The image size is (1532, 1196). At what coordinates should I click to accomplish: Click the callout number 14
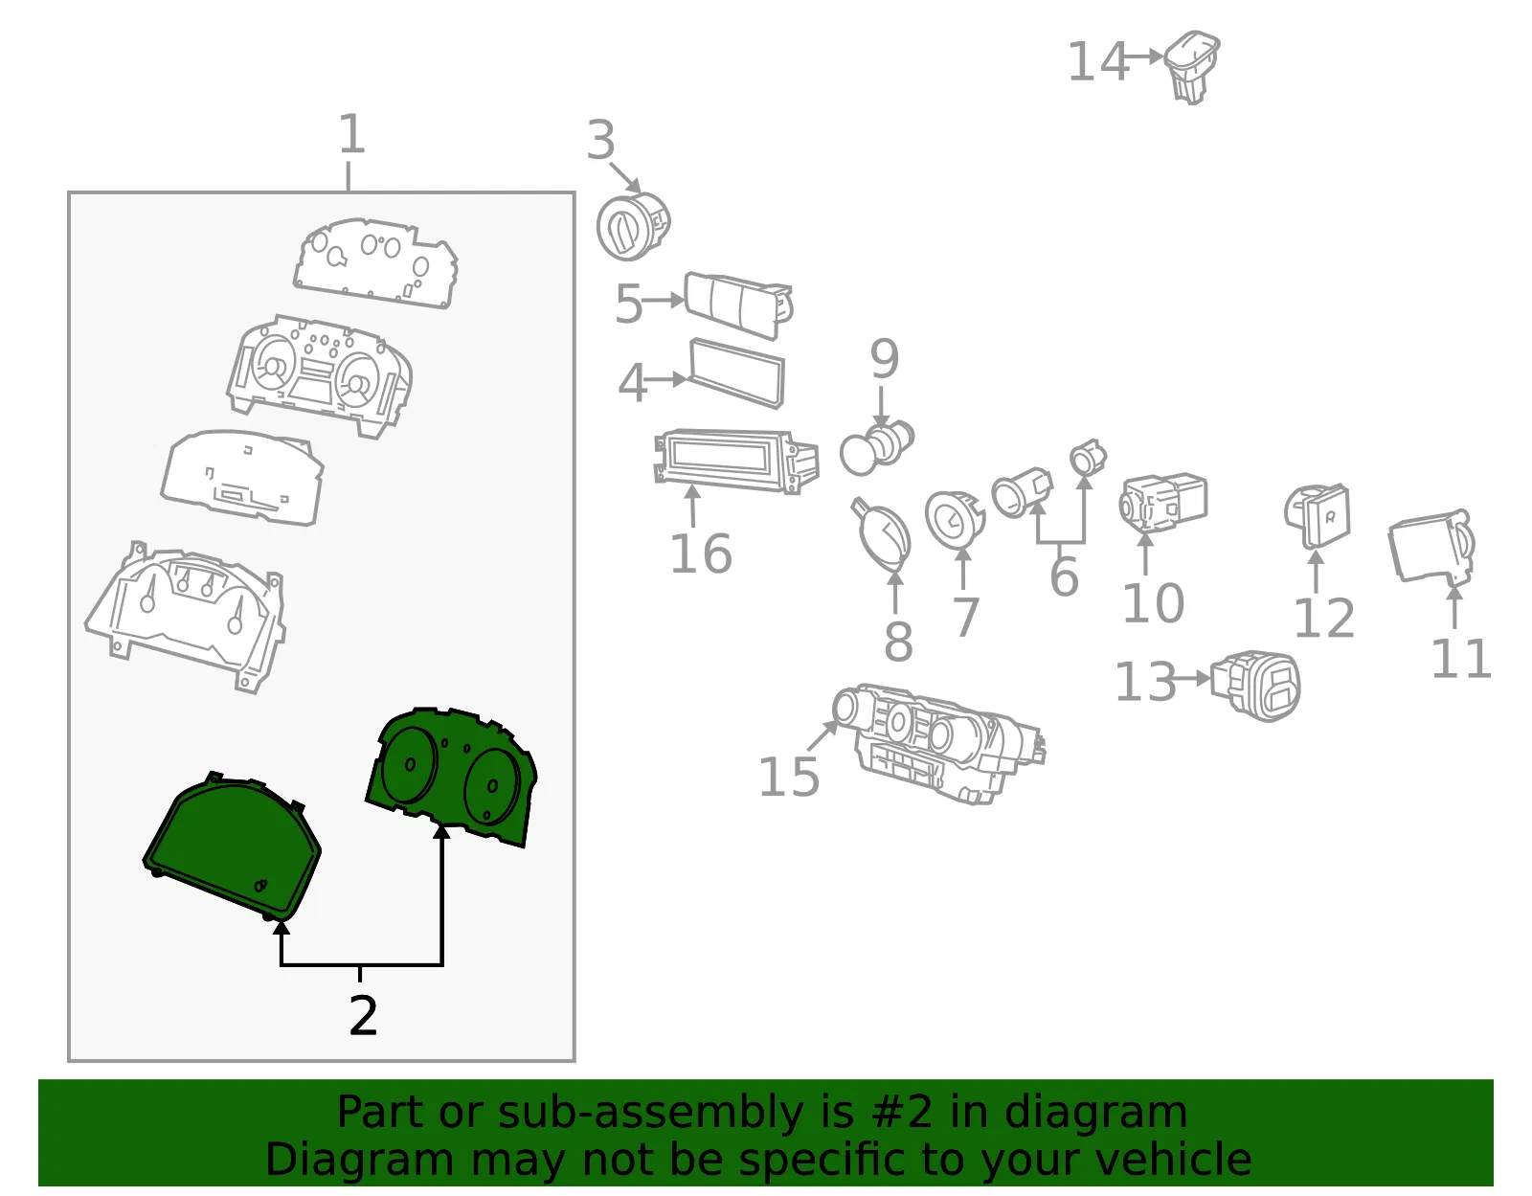point(1097,62)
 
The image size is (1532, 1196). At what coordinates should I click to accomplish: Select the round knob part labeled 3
point(632,226)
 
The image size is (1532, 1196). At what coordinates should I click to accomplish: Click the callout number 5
point(628,304)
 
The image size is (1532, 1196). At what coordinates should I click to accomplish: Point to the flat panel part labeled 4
point(736,373)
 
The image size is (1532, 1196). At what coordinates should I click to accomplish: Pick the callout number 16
point(701,553)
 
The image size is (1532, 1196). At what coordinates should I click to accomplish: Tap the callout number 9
point(884,358)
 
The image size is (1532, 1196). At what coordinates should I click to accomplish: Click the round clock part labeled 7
point(954,520)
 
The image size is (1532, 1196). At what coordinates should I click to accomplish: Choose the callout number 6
point(1064,575)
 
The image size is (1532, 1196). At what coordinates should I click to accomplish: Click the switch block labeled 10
point(1163,504)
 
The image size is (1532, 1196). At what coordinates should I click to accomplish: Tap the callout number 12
point(1324,619)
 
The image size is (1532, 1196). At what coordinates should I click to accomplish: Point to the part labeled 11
point(1431,548)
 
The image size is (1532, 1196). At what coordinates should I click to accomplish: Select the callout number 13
point(1145,682)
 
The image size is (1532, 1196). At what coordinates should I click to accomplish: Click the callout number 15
point(788,777)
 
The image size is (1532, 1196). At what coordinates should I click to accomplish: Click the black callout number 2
point(363,1016)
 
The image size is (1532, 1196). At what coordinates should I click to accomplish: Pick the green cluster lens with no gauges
point(232,846)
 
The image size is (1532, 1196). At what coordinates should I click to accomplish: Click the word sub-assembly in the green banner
point(650,1112)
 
